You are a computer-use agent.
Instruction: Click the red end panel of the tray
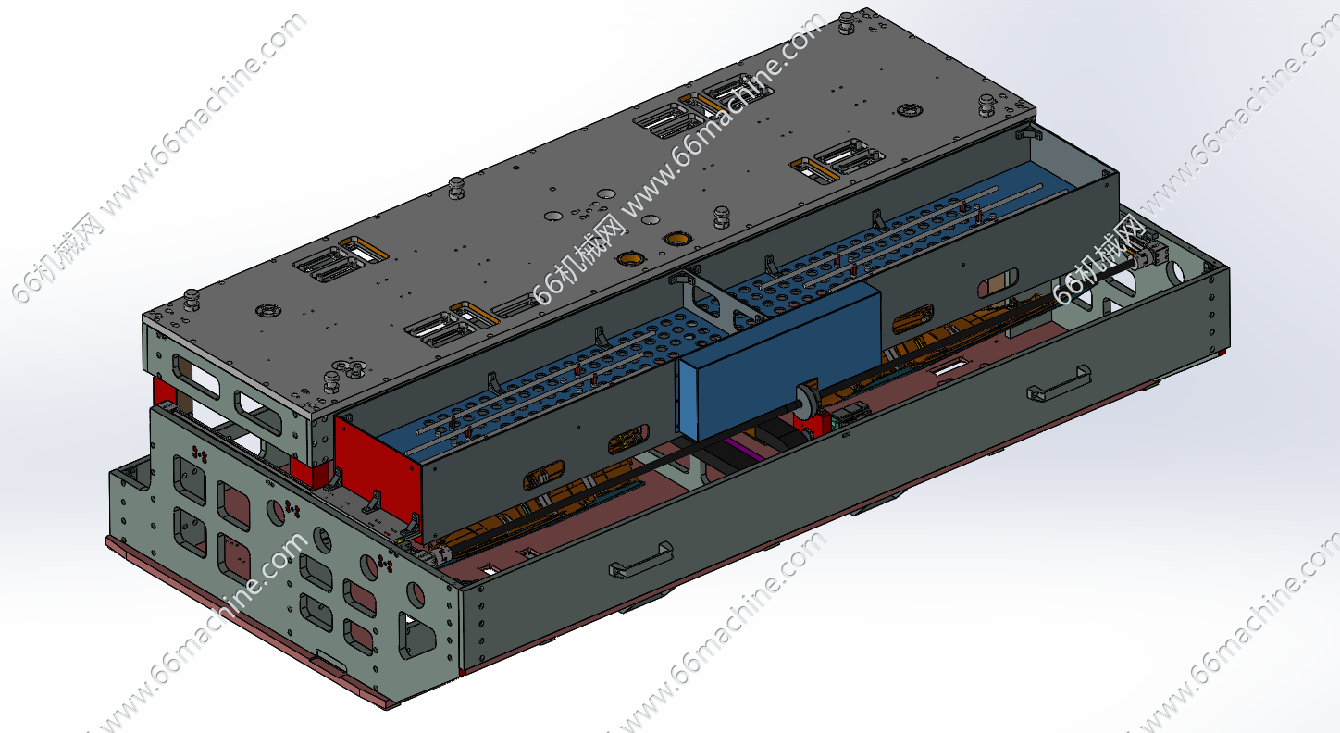[x=377, y=473]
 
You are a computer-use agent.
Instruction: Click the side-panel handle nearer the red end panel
[x=641, y=559]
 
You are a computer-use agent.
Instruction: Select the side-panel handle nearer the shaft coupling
[x=1059, y=383]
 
